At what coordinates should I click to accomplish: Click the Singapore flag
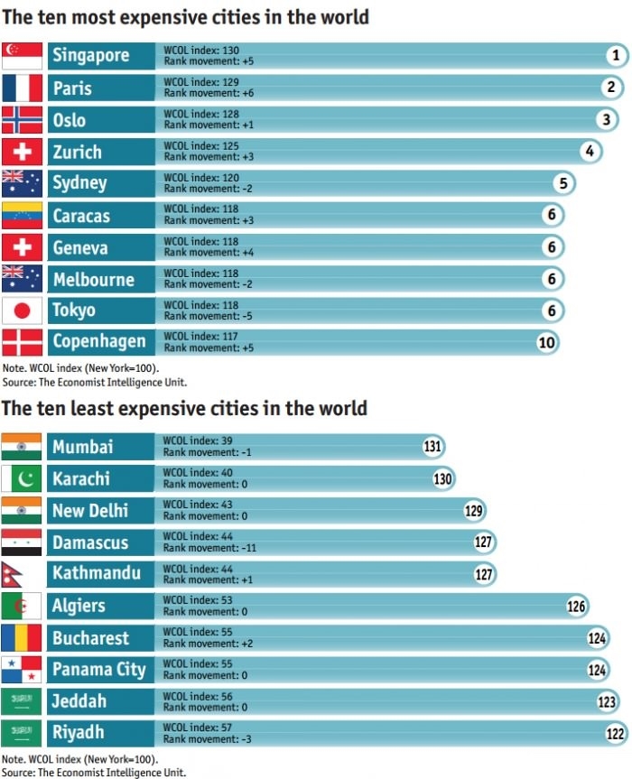coord(22,56)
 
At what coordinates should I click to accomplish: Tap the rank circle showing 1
coord(615,56)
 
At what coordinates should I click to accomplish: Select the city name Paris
coord(72,88)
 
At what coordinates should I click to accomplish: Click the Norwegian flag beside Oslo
coord(22,119)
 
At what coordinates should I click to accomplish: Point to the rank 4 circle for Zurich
coord(590,151)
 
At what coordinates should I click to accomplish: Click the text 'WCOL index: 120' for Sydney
coord(201,178)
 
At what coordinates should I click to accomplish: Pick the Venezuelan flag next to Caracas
coord(22,215)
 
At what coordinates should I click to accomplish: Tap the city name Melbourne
coord(93,279)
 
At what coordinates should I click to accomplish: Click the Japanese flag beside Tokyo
coord(22,311)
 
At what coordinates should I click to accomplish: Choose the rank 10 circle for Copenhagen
coord(547,342)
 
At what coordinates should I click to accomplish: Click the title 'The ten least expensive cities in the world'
coord(184,408)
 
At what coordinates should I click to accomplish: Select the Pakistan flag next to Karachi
coord(22,478)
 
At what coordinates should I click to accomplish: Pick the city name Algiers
coord(79,606)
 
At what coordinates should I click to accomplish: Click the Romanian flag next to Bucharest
coord(22,637)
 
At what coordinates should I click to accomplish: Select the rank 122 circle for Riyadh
coord(616,733)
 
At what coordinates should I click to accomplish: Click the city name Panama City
coord(98,669)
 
